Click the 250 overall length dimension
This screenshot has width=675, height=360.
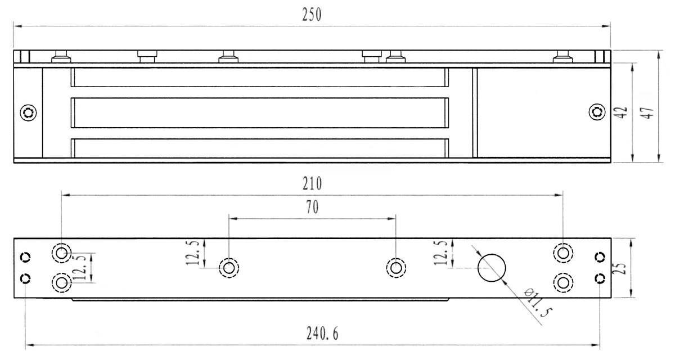point(311,15)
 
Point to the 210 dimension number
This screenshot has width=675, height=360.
point(312,183)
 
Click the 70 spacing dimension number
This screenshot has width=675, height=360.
point(312,207)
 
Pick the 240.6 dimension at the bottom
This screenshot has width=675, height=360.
point(322,334)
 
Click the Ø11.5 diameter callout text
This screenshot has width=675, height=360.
point(535,304)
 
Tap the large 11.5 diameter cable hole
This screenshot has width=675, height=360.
point(492,268)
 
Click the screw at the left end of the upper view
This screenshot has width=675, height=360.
point(28,112)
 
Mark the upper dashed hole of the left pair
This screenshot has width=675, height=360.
point(62,253)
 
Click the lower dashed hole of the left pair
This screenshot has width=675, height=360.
point(62,281)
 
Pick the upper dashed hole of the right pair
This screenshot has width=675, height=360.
point(562,253)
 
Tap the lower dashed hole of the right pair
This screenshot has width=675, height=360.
point(562,281)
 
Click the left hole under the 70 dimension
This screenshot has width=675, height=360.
point(228,267)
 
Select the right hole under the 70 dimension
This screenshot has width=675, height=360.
point(396,267)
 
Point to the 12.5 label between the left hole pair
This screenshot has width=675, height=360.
point(82,267)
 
